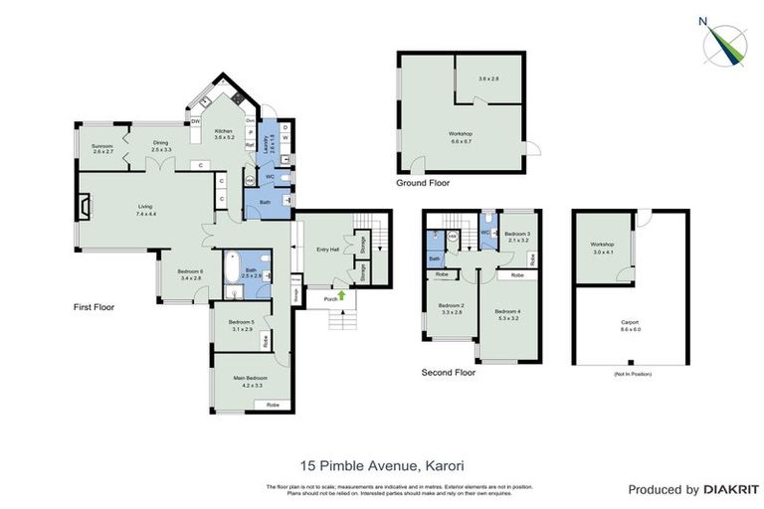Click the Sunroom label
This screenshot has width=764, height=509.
(102, 147)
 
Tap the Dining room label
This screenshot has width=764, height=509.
(161, 143)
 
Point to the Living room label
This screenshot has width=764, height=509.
(146, 207)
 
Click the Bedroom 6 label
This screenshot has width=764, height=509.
(190, 271)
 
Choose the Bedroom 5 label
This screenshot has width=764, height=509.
(241, 321)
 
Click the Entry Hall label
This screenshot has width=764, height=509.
(328, 250)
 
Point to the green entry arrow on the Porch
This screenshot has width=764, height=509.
(341, 294)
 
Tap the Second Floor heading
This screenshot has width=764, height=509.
(449, 373)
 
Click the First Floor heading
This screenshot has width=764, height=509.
(95, 307)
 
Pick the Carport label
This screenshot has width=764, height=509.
(630, 322)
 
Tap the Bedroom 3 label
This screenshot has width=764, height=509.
(519, 235)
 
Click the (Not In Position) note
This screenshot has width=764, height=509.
(630, 374)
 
